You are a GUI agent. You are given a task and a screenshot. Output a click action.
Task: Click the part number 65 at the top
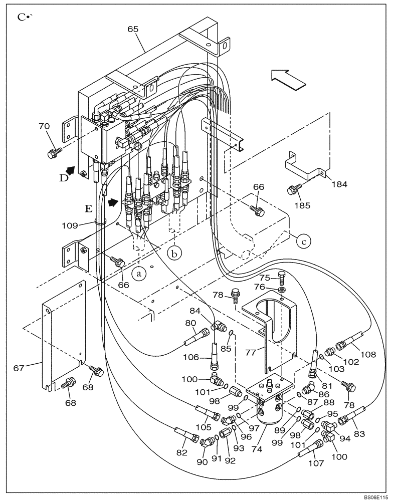(133, 30)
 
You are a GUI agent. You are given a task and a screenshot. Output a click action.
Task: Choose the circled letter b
(174, 254)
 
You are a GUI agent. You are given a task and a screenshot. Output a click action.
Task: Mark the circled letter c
(303, 240)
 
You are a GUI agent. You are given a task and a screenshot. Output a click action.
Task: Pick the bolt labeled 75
(282, 275)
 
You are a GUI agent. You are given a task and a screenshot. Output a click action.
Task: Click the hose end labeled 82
(186, 435)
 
